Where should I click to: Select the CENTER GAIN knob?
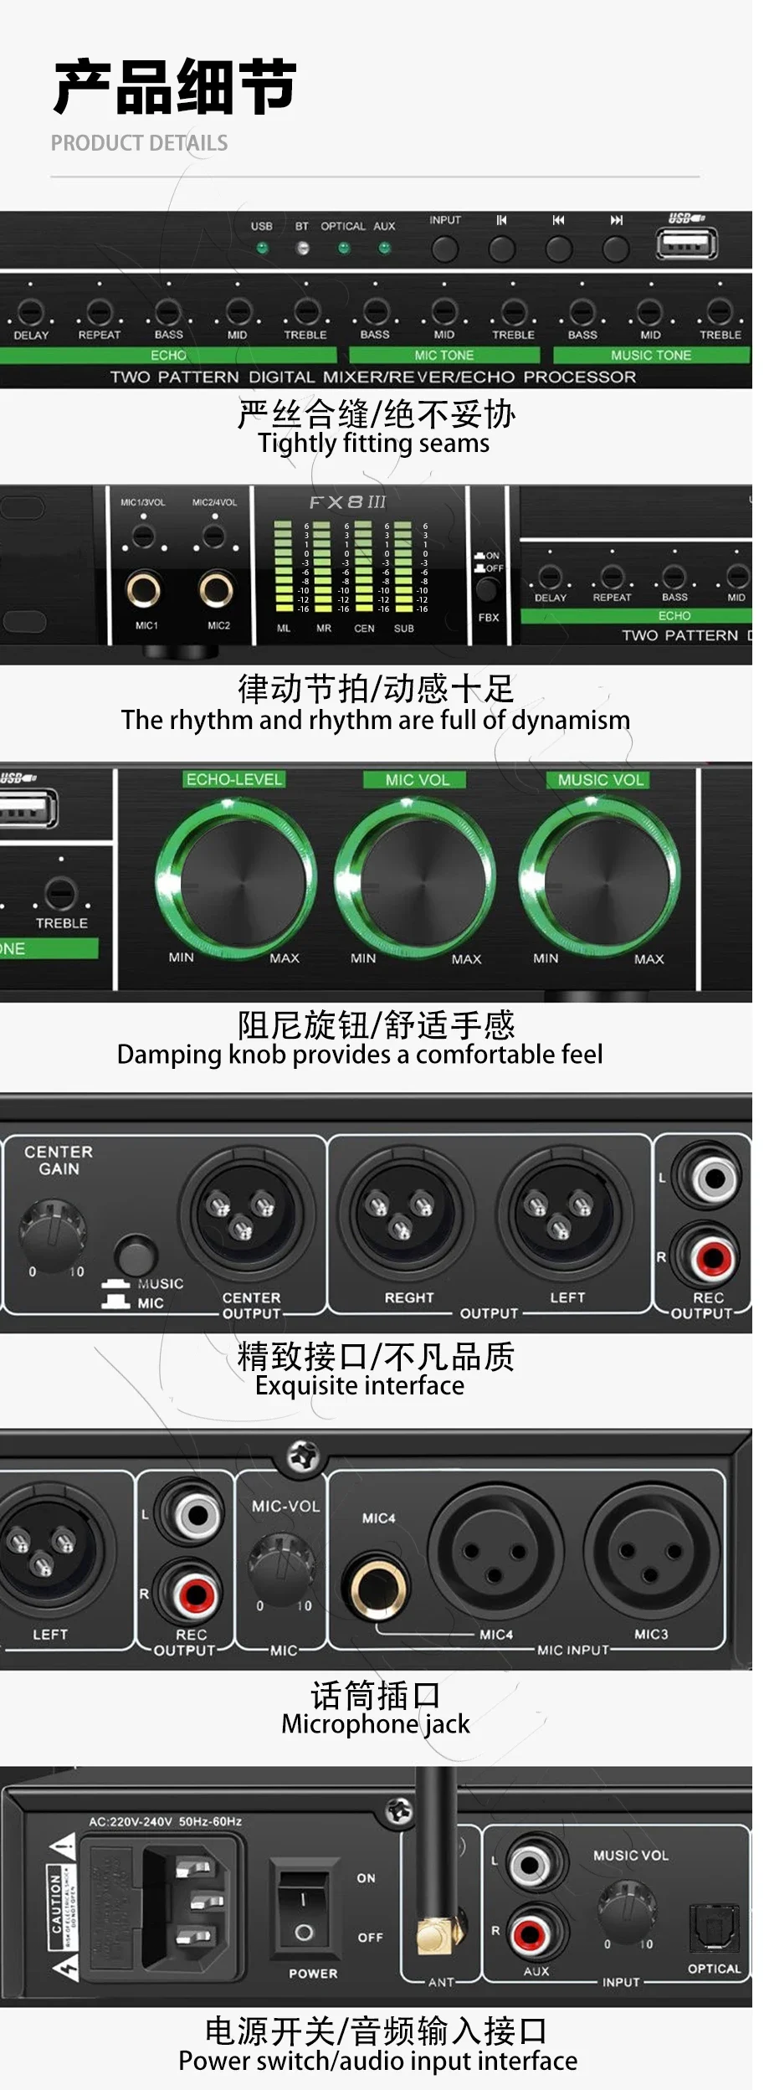[x=54, y=1231]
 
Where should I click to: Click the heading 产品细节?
[x=176, y=87]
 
